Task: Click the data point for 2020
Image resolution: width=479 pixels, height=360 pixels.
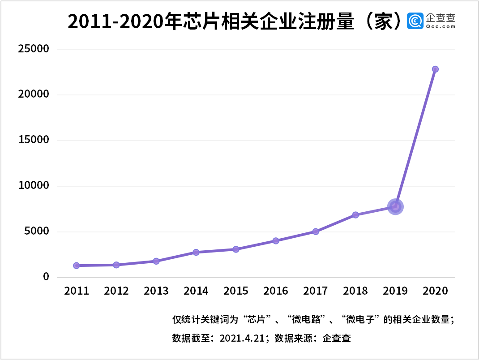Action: [435, 69]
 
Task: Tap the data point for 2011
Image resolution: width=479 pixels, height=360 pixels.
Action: [77, 266]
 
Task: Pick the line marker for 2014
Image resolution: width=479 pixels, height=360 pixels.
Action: [196, 252]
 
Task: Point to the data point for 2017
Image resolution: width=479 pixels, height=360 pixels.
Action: [316, 231]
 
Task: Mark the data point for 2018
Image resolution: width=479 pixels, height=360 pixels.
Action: [355, 215]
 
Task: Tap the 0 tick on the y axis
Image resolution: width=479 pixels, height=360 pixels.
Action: [46, 277]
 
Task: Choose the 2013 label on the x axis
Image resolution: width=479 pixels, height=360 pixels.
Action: [156, 291]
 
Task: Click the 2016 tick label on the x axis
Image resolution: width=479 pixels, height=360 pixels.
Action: [276, 291]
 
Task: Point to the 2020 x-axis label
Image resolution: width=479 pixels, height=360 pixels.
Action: [435, 291]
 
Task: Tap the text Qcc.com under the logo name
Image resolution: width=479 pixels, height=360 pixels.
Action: [441, 27]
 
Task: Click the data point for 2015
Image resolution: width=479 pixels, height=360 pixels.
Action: [236, 249]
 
